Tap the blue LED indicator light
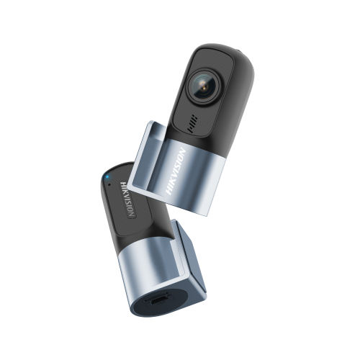coord(107,175)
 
